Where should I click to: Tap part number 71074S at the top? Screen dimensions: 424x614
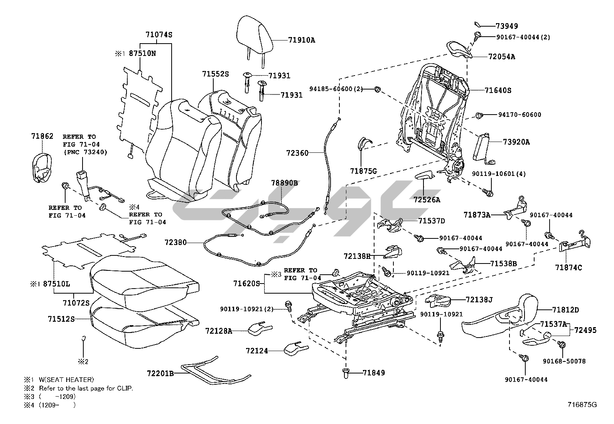(x=159, y=34)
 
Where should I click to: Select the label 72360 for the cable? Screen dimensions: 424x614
(x=297, y=153)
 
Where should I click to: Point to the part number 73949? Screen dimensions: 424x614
(x=506, y=26)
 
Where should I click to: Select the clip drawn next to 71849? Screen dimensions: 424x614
(x=346, y=372)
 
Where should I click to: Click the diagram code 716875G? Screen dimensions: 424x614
(x=582, y=405)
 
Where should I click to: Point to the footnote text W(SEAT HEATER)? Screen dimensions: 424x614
(x=66, y=380)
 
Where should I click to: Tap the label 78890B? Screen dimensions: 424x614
(x=284, y=183)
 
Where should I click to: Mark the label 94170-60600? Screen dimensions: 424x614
(x=520, y=115)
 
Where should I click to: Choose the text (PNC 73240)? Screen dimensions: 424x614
(x=85, y=152)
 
